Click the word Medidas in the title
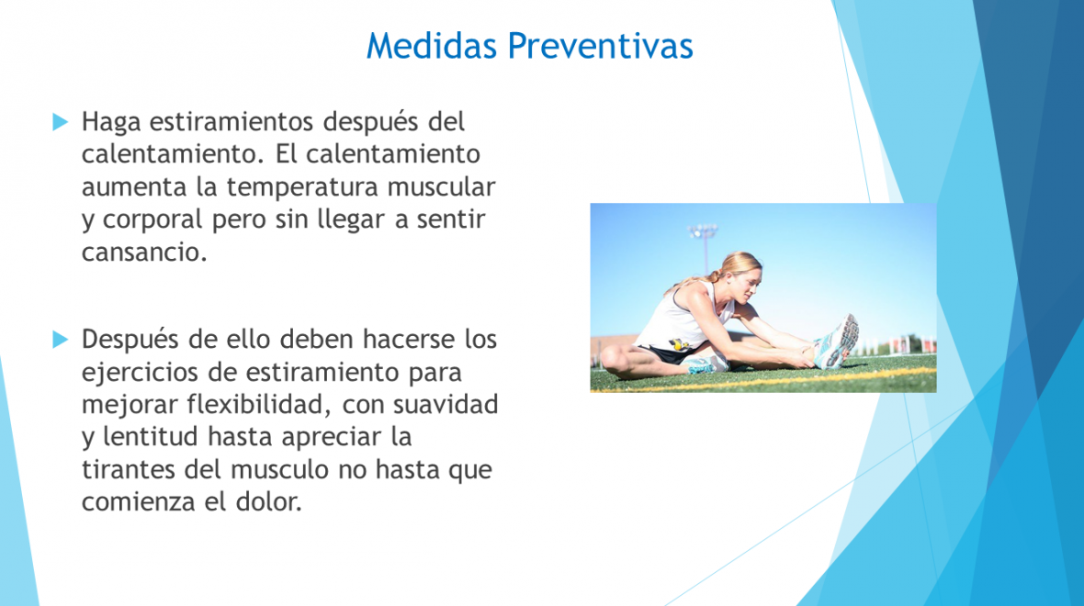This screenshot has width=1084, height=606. click(x=432, y=46)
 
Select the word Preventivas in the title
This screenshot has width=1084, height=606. click(x=600, y=46)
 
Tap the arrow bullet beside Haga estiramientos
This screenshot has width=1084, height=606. click(x=61, y=122)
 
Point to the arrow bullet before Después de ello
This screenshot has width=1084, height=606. click(x=61, y=340)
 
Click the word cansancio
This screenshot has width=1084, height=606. click(x=144, y=252)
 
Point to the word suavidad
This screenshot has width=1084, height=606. click(x=446, y=404)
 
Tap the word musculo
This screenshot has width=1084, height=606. click(x=280, y=470)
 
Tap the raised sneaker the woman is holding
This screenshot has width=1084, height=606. click(x=839, y=341)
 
